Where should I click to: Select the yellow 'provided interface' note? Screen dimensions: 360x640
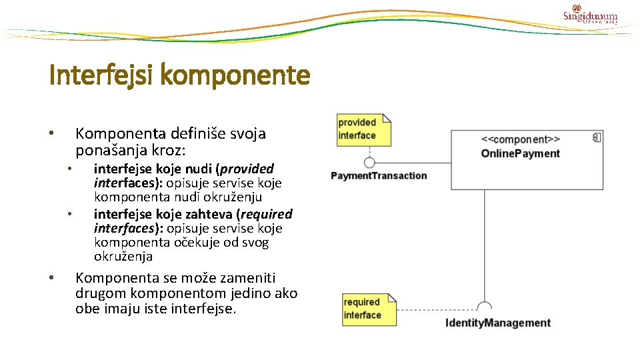click(364, 129)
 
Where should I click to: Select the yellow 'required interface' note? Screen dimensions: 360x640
click(369, 309)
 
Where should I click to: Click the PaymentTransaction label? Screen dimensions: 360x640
click(379, 176)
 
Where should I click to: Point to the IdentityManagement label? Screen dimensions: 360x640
click(497, 323)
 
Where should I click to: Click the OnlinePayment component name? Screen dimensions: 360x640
click(521, 153)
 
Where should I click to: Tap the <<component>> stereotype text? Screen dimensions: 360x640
click(521, 139)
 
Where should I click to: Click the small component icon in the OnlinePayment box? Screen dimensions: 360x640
click(597, 137)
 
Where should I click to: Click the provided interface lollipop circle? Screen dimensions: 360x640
click(369, 162)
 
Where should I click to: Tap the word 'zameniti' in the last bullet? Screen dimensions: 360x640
click(247, 278)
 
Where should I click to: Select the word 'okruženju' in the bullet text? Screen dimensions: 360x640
click(234, 197)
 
